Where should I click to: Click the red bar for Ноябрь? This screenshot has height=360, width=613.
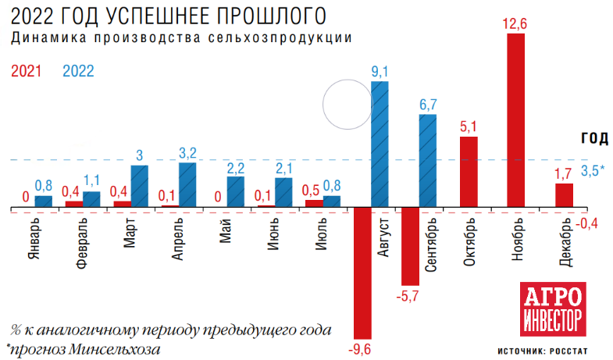[x=515, y=121]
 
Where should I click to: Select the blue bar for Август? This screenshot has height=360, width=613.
[x=380, y=144]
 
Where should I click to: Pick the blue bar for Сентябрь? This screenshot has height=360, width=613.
[x=427, y=161]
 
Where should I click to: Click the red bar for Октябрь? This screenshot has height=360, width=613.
[x=468, y=172]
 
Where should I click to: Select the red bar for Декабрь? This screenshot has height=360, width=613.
[x=564, y=195]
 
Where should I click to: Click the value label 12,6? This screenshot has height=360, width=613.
[x=515, y=24]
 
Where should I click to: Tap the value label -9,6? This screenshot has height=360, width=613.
[x=361, y=345]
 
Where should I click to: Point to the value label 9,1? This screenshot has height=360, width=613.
[x=380, y=73]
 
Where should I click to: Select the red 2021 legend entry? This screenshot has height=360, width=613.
[x=27, y=70]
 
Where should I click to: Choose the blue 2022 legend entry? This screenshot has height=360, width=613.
[x=78, y=70]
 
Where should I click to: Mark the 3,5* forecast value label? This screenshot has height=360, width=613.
[x=593, y=169]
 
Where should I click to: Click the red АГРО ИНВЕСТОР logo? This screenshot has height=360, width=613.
[x=552, y=310]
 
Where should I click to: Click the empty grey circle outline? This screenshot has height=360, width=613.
[x=348, y=105]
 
